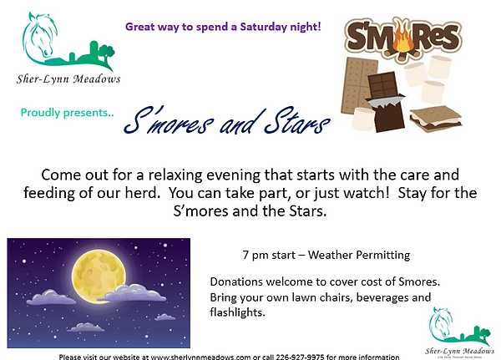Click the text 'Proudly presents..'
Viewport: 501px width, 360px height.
tap(55, 112)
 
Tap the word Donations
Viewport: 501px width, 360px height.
tap(236, 281)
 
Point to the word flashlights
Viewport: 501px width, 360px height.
tap(240, 312)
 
